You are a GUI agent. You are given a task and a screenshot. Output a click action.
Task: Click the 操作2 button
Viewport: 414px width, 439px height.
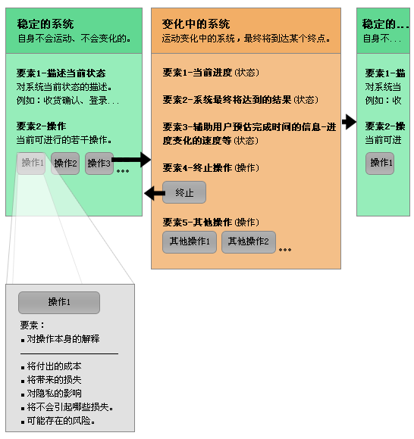[x=65, y=163]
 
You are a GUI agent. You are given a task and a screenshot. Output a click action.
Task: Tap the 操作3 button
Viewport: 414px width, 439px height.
[x=99, y=163]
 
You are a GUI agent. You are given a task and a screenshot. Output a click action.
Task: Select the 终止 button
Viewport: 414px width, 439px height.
[x=184, y=192]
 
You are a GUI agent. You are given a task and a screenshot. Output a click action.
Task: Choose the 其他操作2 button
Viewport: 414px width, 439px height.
[x=249, y=242]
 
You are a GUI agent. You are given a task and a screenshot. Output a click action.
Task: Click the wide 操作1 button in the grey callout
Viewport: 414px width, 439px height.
[x=59, y=303]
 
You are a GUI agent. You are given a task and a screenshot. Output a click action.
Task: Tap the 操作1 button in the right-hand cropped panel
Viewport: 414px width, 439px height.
[x=380, y=163]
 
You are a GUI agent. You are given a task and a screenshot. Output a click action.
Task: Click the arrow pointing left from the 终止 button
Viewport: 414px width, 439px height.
[x=155, y=193]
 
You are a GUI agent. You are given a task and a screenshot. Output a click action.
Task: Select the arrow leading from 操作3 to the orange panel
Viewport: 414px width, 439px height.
[x=131, y=160]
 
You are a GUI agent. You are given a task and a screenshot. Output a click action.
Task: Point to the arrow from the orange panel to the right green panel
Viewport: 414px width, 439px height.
[x=349, y=122]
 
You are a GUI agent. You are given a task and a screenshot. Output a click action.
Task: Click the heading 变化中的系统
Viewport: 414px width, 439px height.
[x=196, y=24]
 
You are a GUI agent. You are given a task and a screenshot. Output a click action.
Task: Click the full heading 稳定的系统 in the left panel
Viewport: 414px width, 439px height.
[x=45, y=24]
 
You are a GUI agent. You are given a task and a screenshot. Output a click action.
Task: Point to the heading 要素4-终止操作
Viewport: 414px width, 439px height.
[x=197, y=168]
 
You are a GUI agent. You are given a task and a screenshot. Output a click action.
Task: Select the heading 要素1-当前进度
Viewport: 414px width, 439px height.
[x=197, y=73]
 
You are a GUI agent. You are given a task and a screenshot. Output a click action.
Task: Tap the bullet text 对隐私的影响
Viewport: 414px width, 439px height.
[x=54, y=394]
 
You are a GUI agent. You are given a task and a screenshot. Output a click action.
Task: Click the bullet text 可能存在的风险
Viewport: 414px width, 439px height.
[x=61, y=421]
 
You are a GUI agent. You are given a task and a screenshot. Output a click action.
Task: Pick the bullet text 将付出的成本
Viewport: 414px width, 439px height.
[x=54, y=366]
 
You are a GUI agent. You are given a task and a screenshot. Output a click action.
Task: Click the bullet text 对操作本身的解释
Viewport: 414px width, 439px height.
[x=63, y=339]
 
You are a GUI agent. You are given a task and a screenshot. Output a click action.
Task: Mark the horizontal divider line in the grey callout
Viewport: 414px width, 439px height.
[x=69, y=354]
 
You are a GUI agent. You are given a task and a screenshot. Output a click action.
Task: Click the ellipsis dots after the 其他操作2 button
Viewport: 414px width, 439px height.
[x=285, y=250]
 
